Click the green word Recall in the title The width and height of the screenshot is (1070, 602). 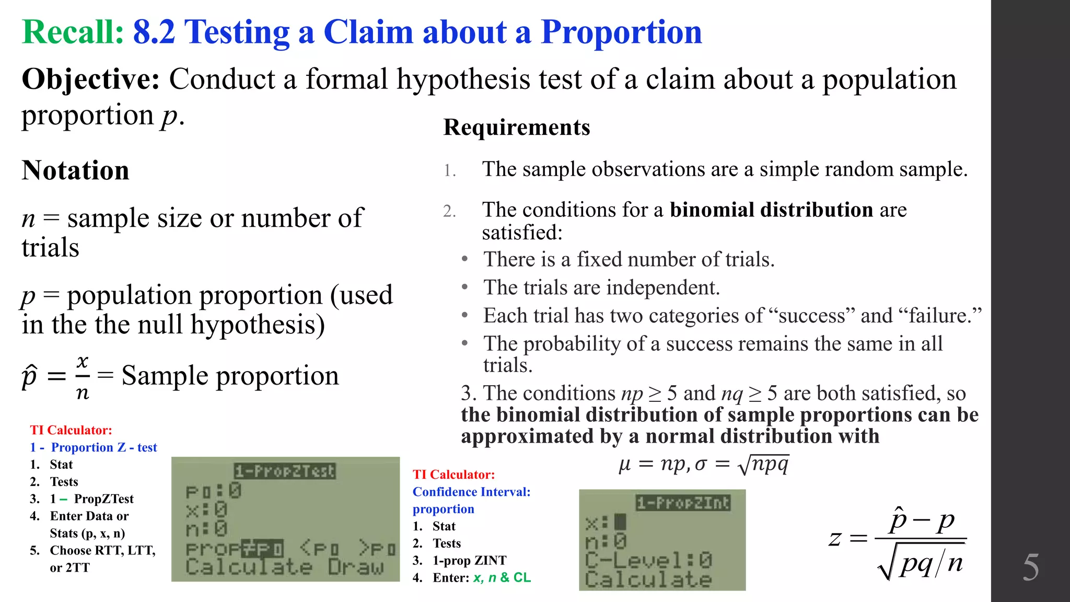click(73, 32)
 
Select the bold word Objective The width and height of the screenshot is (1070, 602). click(90, 79)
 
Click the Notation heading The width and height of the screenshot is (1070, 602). click(75, 171)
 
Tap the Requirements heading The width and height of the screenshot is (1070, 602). click(516, 128)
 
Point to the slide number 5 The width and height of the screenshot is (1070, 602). click(1030, 568)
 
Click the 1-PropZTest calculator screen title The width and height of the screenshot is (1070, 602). click(285, 471)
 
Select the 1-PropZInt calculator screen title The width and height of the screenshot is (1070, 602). click(683, 503)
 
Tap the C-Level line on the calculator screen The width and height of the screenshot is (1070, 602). click(648, 561)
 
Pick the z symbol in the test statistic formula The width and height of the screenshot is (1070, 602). click(835, 538)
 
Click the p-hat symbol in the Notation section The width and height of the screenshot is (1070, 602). click(29, 376)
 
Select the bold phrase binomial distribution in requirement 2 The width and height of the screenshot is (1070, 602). click(771, 210)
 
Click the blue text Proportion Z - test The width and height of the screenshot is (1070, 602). click(103, 448)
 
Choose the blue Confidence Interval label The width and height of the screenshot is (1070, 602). click(471, 492)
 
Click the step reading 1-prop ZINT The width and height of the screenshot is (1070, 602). click(469, 561)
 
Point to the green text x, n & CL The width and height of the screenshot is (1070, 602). click(502, 578)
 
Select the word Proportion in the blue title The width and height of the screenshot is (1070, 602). click(621, 32)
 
